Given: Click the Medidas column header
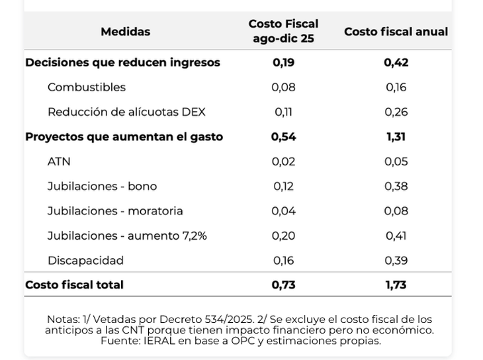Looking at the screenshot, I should [125, 32].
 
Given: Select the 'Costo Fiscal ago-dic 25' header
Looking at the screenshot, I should [283, 31].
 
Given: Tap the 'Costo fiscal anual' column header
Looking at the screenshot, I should [396, 32].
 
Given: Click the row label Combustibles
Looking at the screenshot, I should [86, 87].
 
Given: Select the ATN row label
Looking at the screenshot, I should [59, 161].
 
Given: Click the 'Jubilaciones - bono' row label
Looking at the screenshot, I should [102, 187].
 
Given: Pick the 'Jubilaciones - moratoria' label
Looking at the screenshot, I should [115, 211].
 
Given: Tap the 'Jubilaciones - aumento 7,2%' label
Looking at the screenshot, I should [127, 236].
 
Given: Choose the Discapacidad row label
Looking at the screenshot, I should [85, 261].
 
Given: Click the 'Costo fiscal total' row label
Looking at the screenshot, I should [74, 285].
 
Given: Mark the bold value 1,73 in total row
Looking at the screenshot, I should [396, 285].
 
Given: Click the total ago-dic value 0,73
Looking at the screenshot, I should [283, 285].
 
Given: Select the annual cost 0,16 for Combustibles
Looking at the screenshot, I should [396, 87].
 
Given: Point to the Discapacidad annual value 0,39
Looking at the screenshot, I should [396, 261].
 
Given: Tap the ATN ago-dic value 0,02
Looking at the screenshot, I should [283, 161].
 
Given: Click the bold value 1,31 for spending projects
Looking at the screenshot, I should [396, 137].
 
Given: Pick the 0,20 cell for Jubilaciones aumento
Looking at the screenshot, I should [283, 236].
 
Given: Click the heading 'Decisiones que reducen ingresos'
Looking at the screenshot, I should [122, 63].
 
